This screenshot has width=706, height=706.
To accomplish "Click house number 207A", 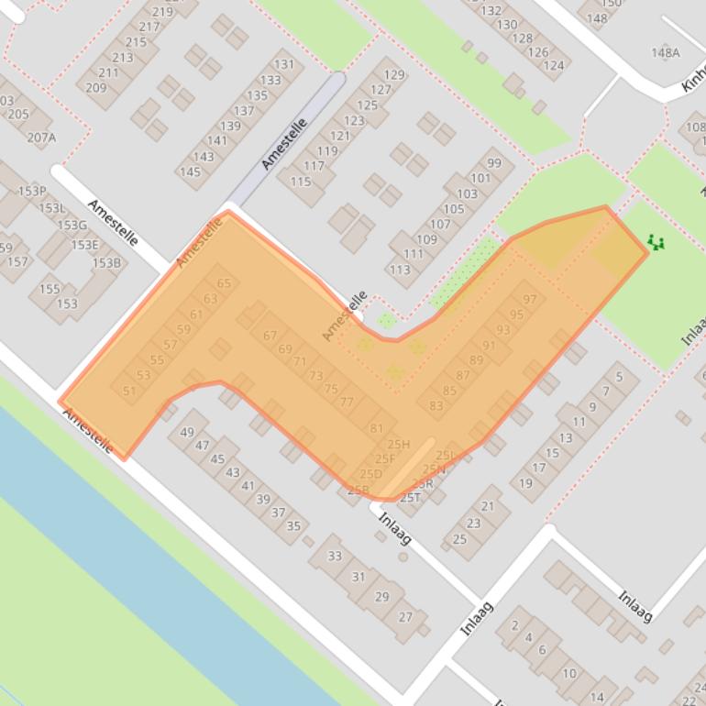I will pyautogui.click(x=41, y=138).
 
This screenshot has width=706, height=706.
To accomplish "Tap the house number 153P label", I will pyautogui.click(x=32, y=191).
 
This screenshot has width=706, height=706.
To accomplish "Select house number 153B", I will pyautogui.click(x=105, y=263).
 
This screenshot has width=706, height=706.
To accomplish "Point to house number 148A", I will pyautogui.click(x=666, y=52).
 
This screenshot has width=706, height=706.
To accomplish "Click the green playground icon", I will pyautogui.click(x=655, y=242).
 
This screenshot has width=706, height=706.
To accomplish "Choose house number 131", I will pyautogui.click(x=284, y=64).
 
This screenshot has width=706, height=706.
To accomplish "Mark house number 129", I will pyautogui.click(x=394, y=75).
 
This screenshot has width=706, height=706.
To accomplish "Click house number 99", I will pyautogui.click(x=494, y=163).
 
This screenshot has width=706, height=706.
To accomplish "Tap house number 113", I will pyautogui.click(x=399, y=270).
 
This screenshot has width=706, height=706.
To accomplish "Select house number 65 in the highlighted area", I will pyautogui.click(x=225, y=283).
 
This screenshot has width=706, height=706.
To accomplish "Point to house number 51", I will pyautogui.click(x=128, y=392).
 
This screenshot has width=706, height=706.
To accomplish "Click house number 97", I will pyautogui.click(x=530, y=300).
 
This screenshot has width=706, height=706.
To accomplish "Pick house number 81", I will pyautogui.click(x=377, y=428).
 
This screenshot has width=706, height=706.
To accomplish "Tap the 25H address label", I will pyautogui.click(x=399, y=445).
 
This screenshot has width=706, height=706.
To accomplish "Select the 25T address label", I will pyautogui.click(x=410, y=498).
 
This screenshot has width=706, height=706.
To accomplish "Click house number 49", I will pyautogui.click(x=188, y=432).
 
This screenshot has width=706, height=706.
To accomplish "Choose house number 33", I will pyautogui.click(x=335, y=556).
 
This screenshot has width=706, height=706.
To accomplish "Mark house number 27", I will pyautogui.click(x=405, y=617).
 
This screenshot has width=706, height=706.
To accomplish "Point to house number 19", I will pyautogui.click(x=525, y=483).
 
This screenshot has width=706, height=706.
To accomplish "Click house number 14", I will pyautogui.click(x=598, y=697).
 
